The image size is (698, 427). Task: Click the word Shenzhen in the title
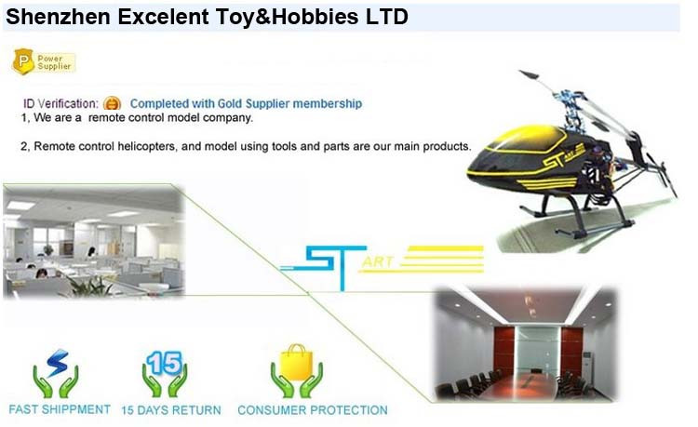pyautogui.click(x=58, y=17)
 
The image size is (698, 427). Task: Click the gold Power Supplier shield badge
pyautogui.click(x=23, y=61)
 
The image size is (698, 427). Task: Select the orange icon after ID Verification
pyautogui.click(x=113, y=103)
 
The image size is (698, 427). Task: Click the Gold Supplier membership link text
pyautogui.click(x=246, y=103)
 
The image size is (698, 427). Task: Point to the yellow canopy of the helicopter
pyautogui.click(x=525, y=139)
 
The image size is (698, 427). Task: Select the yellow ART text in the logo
pyautogui.click(x=379, y=261)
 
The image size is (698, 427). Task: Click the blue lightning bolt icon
pyautogui.click(x=58, y=363)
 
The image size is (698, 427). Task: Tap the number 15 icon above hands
pyautogui.click(x=165, y=363)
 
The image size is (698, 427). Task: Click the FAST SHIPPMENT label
pyautogui.click(x=60, y=409)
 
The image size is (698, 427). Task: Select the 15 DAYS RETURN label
pyautogui.click(x=171, y=410)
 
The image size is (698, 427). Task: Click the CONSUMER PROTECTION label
pyautogui.click(x=313, y=410)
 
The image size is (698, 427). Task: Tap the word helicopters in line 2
pyautogui.click(x=146, y=146)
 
